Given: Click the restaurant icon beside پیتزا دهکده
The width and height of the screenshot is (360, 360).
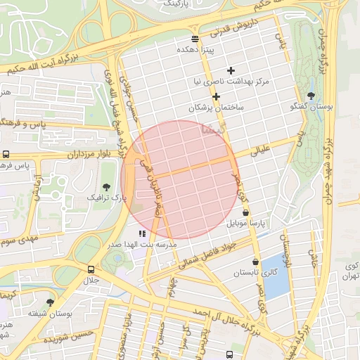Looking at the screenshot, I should (x=195, y=38).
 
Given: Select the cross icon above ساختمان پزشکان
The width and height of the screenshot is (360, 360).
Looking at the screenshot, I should (x=216, y=96).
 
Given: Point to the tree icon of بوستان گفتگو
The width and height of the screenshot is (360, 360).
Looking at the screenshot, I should (x=311, y=96).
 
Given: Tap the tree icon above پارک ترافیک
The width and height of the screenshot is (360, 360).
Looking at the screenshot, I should (x=106, y=187).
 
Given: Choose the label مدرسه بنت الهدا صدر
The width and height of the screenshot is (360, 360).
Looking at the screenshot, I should (x=141, y=244).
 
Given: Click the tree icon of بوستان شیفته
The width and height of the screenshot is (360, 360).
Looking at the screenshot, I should (x=49, y=302).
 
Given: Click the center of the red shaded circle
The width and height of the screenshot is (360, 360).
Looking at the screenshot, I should (x=179, y=180).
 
